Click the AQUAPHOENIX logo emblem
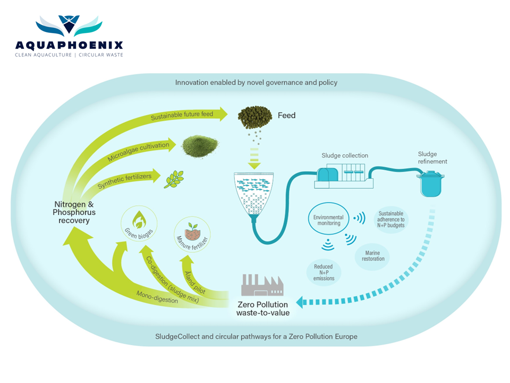click(x=69, y=25)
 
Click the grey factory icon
click(x=262, y=286)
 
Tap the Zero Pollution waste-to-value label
click(x=262, y=309)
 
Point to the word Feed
click(x=286, y=115)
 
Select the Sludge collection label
click(x=345, y=156)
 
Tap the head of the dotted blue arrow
click(x=300, y=303)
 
